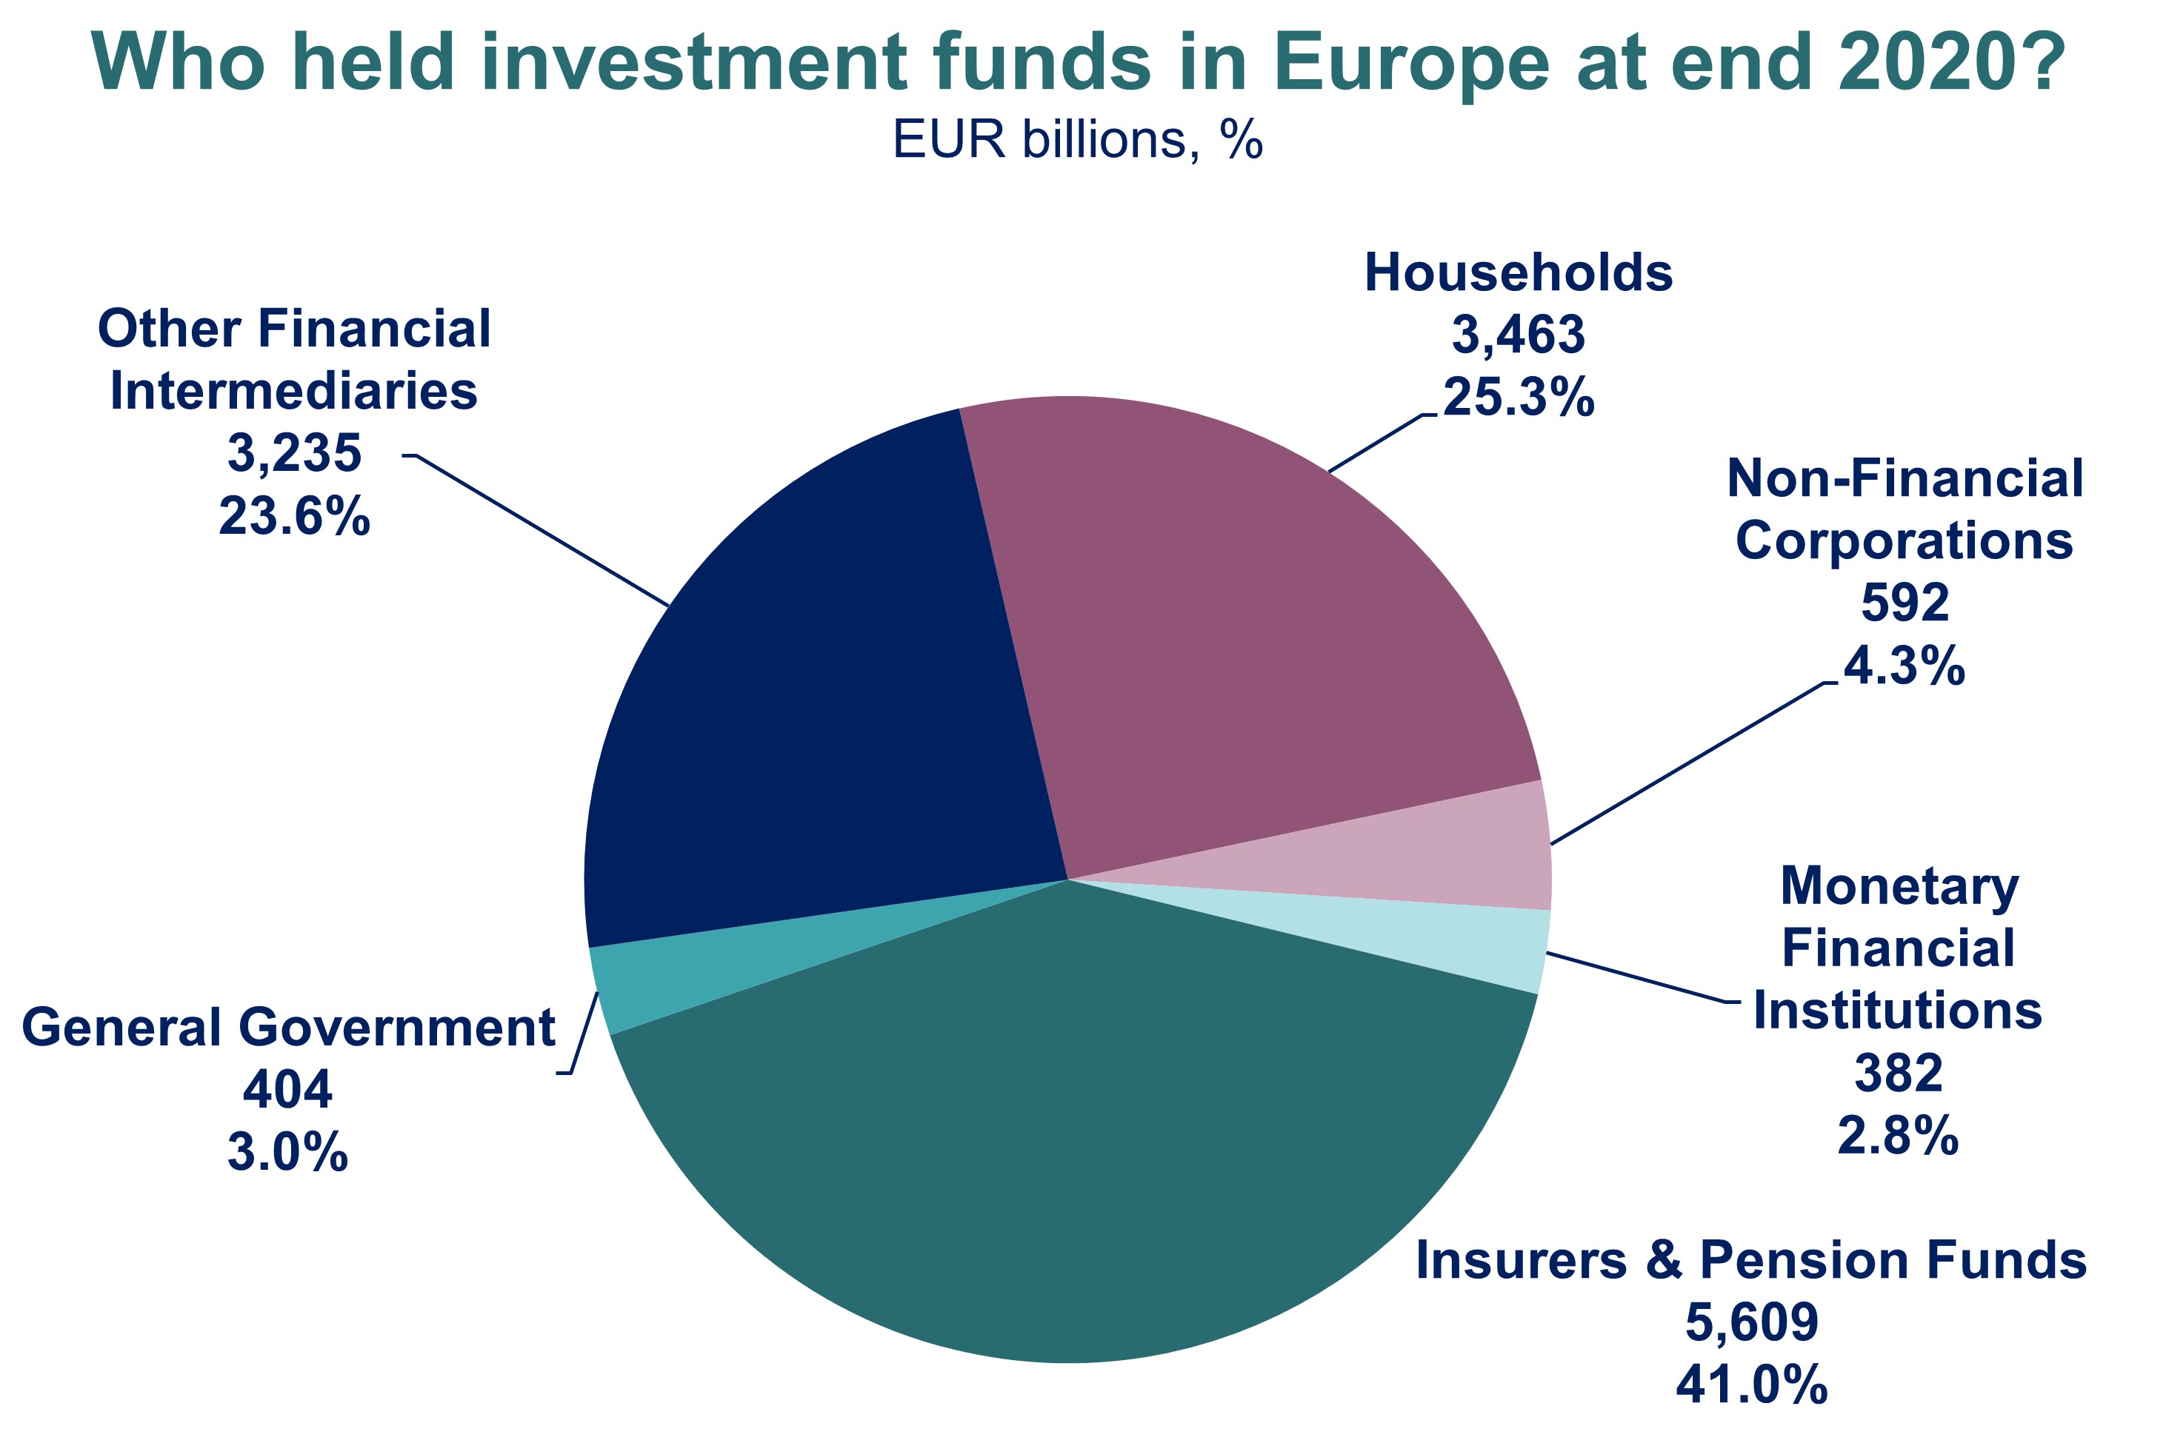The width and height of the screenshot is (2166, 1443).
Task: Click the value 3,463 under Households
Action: [1518, 334]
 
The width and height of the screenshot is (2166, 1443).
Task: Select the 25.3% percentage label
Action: [1518, 398]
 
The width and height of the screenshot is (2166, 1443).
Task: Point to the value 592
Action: [1905, 603]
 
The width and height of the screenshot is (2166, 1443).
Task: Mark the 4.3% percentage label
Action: [1905, 666]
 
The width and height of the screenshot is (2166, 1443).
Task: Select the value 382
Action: [1898, 1073]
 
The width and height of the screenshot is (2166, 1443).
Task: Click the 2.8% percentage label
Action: [1898, 1136]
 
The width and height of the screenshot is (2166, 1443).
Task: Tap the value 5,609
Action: [1752, 1322]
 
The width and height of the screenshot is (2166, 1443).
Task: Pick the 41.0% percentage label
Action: [1752, 1384]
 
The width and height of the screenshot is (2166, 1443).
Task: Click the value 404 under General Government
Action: [287, 1090]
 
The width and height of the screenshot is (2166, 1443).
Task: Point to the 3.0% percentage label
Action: [287, 1152]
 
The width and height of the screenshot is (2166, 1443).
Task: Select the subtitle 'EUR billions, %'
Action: [1078, 141]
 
